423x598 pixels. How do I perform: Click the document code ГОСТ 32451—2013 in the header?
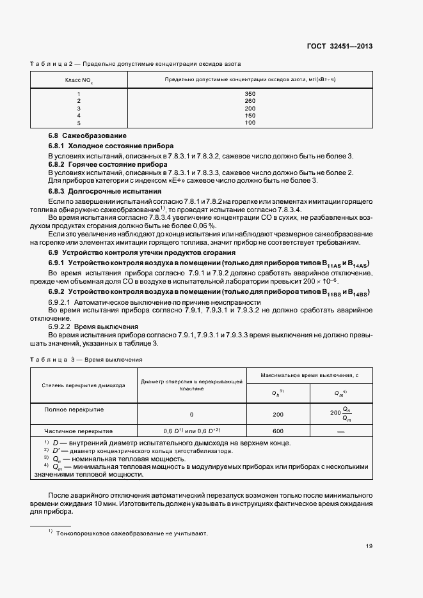pyautogui.click(x=341, y=46)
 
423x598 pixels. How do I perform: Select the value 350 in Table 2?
pyautogui.click(x=250, y=93)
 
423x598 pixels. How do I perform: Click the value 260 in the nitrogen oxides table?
pyautogui.click(x=250, y=100)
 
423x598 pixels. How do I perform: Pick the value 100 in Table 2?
pyautogui.click(x=250, y=122)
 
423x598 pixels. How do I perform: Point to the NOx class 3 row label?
pyautogui.click(x=79, y=108)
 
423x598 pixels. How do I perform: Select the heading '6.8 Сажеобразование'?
pyautogui.click(x=88, y=135)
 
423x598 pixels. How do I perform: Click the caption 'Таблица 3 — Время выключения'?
pyautogui.click(x=86, y=360)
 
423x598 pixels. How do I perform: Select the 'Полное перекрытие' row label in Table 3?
pyautogui.click(x=74, y=409)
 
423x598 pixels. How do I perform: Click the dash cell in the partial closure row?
pyautogui.click(x=340, y=431)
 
